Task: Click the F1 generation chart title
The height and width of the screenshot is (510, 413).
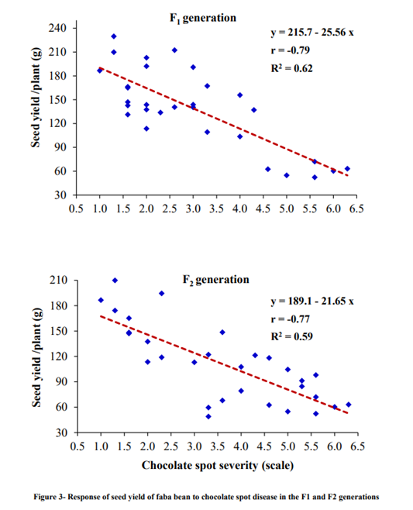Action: click(203, 18)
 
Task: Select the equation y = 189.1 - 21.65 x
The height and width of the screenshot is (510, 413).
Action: click(311, 300)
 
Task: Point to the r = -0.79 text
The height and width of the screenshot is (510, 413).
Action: click(287, 51)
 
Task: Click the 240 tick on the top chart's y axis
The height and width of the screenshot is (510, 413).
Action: click(60, 28)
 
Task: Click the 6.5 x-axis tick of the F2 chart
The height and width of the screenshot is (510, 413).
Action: click(356, 447)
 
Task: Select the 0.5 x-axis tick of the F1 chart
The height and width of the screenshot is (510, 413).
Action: click(77, 209)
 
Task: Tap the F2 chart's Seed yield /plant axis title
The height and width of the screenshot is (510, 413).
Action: click(37, 357)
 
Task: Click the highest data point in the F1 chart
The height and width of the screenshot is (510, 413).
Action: click(114, 36)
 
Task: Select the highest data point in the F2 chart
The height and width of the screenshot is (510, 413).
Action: click(115, 281)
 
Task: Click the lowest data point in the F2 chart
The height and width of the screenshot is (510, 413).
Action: click(208, 416)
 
